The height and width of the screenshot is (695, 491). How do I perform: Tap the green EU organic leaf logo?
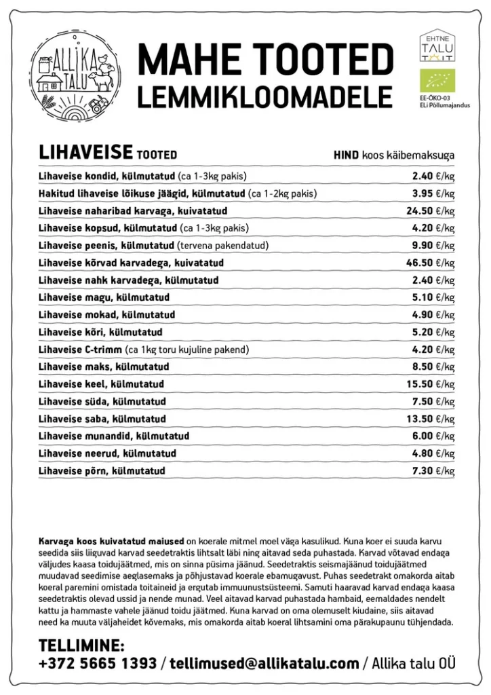click(x=437, y=80)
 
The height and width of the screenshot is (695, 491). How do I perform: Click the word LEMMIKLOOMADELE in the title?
click(x=265, y=97)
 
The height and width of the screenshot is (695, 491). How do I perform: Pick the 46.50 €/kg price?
click(x=431, y=263)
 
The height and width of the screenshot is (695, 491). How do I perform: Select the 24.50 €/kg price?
click(x=431, y=210)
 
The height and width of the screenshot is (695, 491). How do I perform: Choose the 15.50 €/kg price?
click(x=431, y=384)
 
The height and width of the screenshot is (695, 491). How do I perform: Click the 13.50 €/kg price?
click(x=431, y=419)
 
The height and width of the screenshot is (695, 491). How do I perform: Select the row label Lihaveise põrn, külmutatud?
click(x=102, y=470)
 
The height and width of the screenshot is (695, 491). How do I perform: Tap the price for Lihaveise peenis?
click(x=433, y=245)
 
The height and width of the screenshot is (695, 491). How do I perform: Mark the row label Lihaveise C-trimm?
click(x=81, y=350)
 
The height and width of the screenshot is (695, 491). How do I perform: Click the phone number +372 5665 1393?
click(x=98, y=663)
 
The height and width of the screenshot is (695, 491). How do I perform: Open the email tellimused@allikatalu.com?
click(x=264, y=663)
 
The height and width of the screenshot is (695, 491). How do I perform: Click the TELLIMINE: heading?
click(x=81, y=645)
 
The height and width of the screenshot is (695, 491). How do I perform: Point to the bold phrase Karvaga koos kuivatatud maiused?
click(x=111, y=542)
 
